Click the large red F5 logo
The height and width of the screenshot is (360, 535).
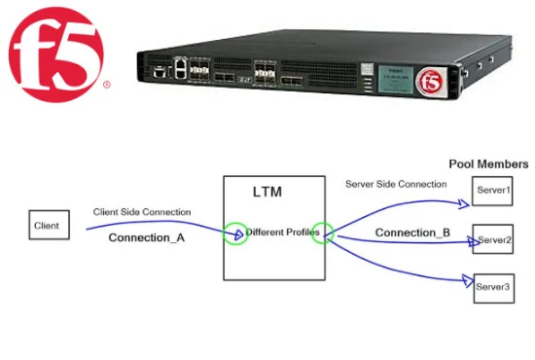click(x=56, y=54)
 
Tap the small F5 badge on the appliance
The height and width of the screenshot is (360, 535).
click(x=431, y=82)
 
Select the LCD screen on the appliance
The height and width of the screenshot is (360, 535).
click(x=396, y=80)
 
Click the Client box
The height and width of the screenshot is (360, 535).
click(x=50, y=225)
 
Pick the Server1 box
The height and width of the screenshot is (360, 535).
click(x=492, y=191)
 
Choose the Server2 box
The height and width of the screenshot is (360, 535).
click(x=493, y=238)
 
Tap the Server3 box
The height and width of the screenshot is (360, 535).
click(x=494, y=288)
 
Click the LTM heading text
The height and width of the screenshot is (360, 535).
click(x=267, y=192)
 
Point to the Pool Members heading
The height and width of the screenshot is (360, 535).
click(x=488, y=164)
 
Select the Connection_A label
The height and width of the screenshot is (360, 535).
click(x=147, y=237)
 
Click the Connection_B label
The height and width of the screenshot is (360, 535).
click(x=412, y=233)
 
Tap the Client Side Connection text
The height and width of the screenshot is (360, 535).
click(x=142, y=212)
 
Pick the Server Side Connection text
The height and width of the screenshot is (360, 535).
click(x=396, y=184)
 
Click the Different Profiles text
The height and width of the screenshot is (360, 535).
click(x=282, y=233)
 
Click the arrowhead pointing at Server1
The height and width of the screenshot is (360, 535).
click(x=464, y=203)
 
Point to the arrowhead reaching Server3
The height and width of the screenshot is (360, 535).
click(x=468, y=280)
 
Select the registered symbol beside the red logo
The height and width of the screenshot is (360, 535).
click(x=107, y=84)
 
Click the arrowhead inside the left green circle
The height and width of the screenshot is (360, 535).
click(x=239, y=234)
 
